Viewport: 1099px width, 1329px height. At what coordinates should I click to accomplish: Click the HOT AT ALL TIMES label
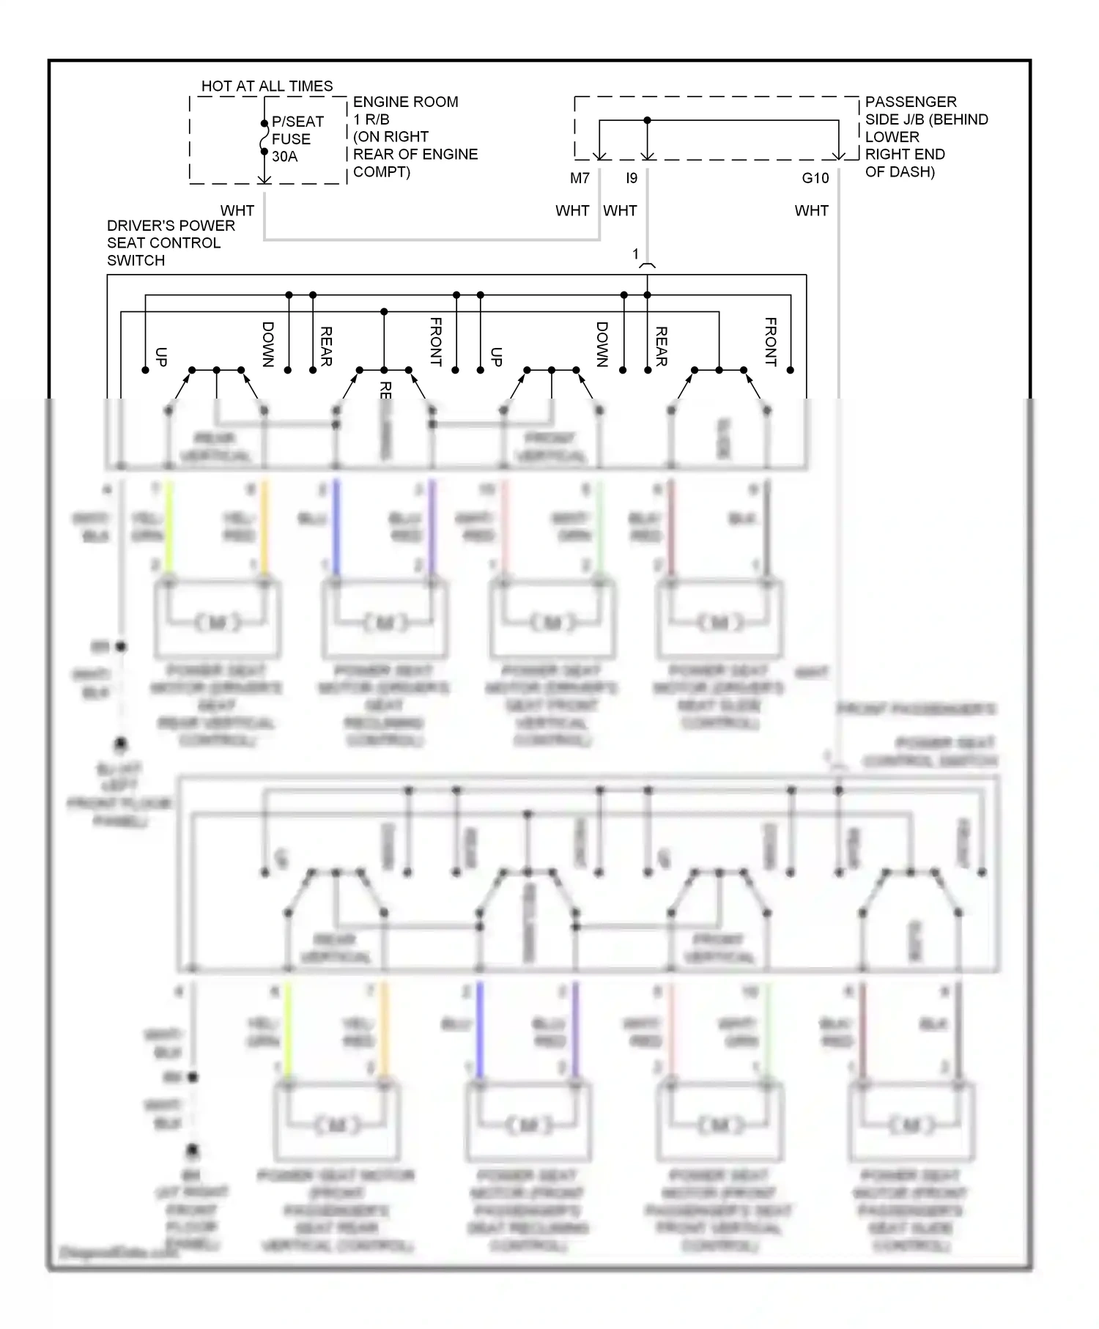(267, 86)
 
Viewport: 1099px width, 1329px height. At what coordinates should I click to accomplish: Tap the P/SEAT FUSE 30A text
(297, 139)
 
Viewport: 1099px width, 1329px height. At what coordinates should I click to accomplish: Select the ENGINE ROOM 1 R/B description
(415, 136)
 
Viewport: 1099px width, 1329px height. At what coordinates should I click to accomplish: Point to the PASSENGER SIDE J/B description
(926, 136)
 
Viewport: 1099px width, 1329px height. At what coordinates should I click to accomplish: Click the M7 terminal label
(580, 178)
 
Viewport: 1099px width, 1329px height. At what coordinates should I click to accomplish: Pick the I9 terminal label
(632, 178)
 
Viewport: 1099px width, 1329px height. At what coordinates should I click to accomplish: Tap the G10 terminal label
(815, 178)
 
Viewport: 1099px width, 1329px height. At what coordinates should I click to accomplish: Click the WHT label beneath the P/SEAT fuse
(237, 210)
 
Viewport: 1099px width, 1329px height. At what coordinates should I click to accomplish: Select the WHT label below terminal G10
(811, 210)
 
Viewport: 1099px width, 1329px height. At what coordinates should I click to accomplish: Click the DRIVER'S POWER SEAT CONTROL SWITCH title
(171, 243)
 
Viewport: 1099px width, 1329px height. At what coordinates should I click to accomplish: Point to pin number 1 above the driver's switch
(635, 254)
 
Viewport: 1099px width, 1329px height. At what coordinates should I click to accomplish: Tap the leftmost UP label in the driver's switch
(162, 357)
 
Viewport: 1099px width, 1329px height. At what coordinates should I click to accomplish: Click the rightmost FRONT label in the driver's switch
(770, 341)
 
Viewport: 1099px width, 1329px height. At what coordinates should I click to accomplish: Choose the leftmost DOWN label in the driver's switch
(268, 344)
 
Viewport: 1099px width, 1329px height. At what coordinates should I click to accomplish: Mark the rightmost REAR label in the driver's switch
(661, 346)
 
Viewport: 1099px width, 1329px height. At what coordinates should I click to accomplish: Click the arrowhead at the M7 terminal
(599, 155)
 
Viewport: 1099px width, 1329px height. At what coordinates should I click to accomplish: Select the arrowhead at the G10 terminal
(839, 155)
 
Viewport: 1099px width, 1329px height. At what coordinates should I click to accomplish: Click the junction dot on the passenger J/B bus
(647, 120)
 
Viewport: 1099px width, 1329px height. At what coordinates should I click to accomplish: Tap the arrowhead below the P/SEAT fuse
(264, 179)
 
